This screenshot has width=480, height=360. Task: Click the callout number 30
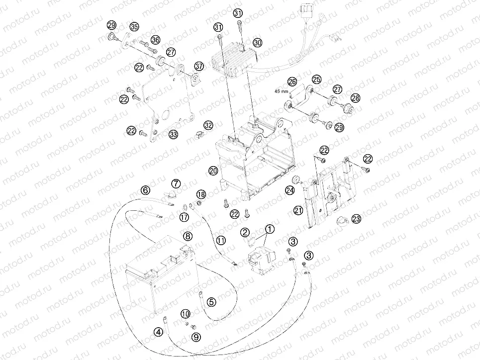coord(258,43)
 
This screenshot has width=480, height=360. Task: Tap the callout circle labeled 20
coord(213,171)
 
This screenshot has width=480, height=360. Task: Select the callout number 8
coord(188,236)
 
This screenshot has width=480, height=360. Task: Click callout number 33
coord(173,134)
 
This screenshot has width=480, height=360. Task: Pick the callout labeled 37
coord(199,66)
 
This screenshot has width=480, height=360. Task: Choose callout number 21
coord(298,210)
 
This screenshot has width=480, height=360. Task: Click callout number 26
coord(292,82)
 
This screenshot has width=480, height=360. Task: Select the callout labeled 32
coord(208,125)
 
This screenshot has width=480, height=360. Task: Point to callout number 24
coord(289,191)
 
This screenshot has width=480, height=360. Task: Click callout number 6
coord(145,190)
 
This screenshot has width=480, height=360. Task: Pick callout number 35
coord(134,27)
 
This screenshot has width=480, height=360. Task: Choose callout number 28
coord(356,98)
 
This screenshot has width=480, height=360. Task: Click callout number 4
coord(158,332)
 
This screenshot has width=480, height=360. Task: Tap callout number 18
coord(201,195)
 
